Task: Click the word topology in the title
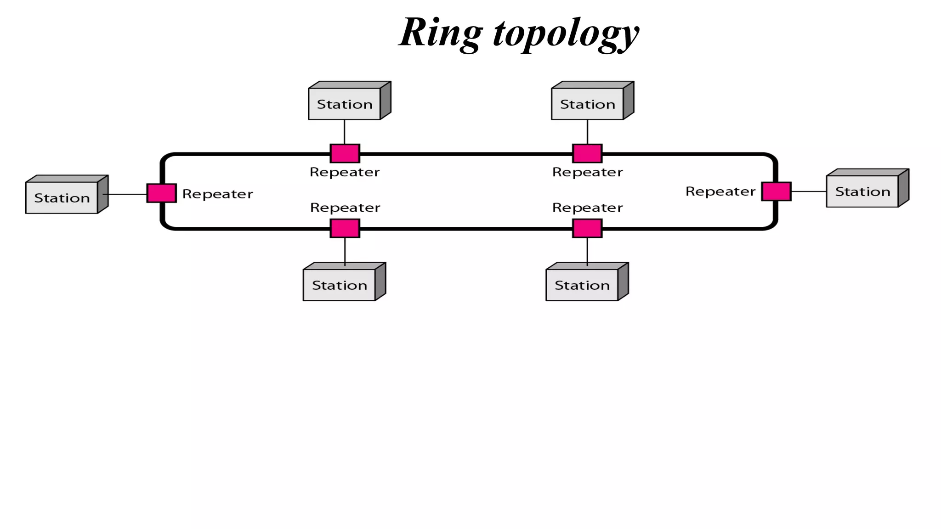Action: [x=566, y=34]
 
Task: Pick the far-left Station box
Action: [x=62, y=198]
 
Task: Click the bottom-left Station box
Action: [x=340, y=285]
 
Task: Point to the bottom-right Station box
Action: [x=582, y=285]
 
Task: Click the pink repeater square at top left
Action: [x=345, y=153]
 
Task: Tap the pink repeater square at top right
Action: [x=587, y=153]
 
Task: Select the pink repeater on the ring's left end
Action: [x=161, y=193]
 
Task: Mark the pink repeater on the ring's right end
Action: [x=776, y=191]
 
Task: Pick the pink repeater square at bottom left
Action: [x=345, y=228]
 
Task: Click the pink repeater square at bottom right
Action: [x=587, y=228]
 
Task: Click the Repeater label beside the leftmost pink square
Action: [x=217, y=194]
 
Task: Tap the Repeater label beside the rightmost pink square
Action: [x=720, y=191]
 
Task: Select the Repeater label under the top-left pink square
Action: [x=345, y=172]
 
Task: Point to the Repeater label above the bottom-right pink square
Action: [x=587, y=208]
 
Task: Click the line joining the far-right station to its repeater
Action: [x=809, y=191]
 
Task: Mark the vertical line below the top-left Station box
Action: [x=345, y=132]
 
